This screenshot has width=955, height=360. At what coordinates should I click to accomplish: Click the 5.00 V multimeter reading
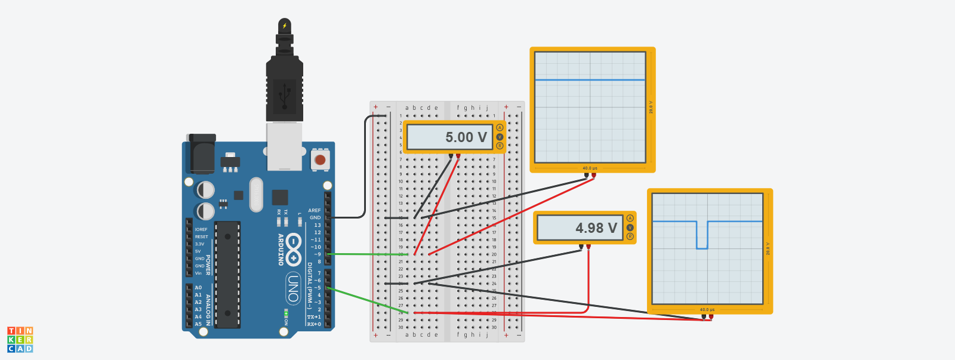(x=466, y=137)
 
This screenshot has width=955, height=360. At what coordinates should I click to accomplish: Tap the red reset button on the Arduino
(x=320, y=160)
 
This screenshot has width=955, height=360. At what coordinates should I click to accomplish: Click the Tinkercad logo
(x=20, y=339)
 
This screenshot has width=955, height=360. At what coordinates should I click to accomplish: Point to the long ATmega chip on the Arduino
(x=227, y=275)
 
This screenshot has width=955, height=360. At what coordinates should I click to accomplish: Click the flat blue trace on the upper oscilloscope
(x=590, y=79)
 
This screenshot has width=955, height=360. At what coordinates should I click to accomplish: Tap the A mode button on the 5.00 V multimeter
(x=500, y=128)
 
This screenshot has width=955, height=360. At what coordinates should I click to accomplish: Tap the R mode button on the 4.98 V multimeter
(x=630, y=236)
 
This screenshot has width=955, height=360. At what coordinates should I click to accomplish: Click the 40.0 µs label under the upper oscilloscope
(x=590, y=168)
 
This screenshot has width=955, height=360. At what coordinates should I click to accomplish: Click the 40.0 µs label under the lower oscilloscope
(x=707, y=310)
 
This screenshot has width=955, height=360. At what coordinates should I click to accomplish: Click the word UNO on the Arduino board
(x=293, y=287)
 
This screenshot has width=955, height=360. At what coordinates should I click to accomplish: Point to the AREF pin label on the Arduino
(x=315, y=210)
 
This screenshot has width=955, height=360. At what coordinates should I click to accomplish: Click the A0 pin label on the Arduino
(x=198, y=288)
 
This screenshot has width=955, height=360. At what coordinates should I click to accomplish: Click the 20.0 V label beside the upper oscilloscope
(x=651, y=107)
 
